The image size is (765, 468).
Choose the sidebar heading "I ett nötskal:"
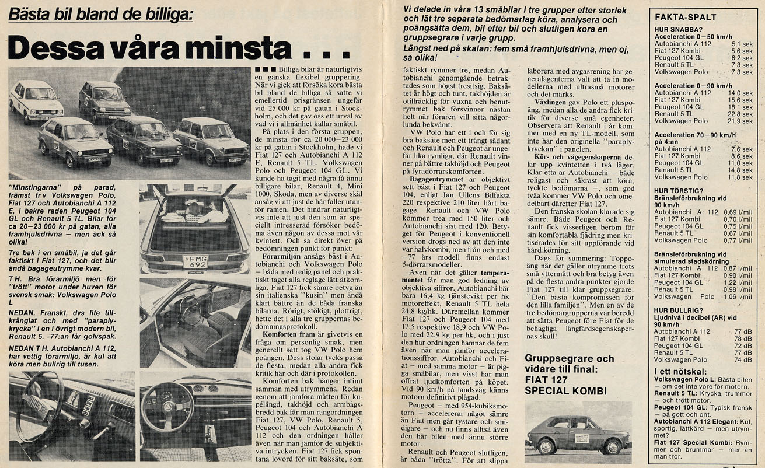pyautogui.click(x=680, y=371)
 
